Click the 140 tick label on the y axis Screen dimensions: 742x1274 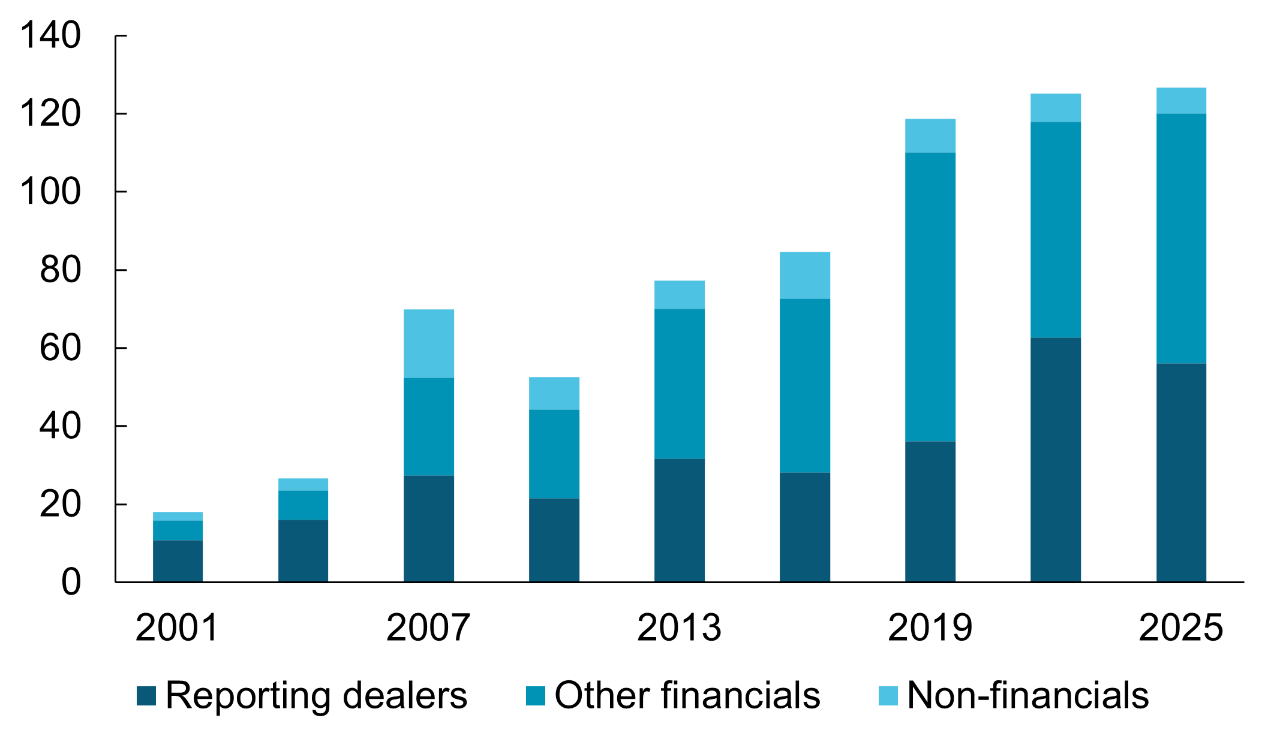coord(50,36)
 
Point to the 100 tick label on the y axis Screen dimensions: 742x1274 coord(50,192)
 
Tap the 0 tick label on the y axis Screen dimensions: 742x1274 coord(71,583)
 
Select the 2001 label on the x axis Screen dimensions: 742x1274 coord(177,628)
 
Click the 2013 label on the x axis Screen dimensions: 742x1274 coord(679,628)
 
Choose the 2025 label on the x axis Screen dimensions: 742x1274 coord(1180,628)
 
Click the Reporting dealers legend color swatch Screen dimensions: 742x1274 coord(146,696)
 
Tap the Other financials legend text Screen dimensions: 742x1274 coord(687,696)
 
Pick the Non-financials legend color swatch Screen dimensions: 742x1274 coord(888,696)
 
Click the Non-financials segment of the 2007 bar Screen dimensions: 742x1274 coord(429,343)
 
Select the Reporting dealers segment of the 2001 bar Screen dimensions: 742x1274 coord(178,561)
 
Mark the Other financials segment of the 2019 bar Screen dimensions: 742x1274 coord(930,297)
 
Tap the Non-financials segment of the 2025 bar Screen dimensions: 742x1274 coord(1181,101)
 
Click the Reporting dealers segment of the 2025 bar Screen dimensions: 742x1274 coord(1181,472)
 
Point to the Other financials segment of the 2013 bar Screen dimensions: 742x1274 coord(680,384)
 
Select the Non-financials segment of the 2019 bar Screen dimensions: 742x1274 coord(930,135)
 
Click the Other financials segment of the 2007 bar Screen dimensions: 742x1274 coord(429,427)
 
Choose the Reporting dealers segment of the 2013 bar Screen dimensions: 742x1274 coord(680,520)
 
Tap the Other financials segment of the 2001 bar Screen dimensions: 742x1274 coord(178,530)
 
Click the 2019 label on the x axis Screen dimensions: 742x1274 coord(930,628)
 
